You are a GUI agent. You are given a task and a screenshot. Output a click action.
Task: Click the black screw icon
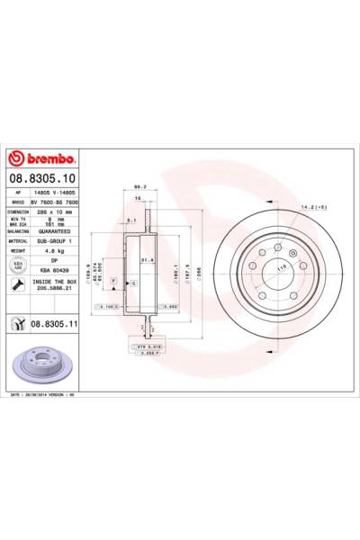16,286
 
